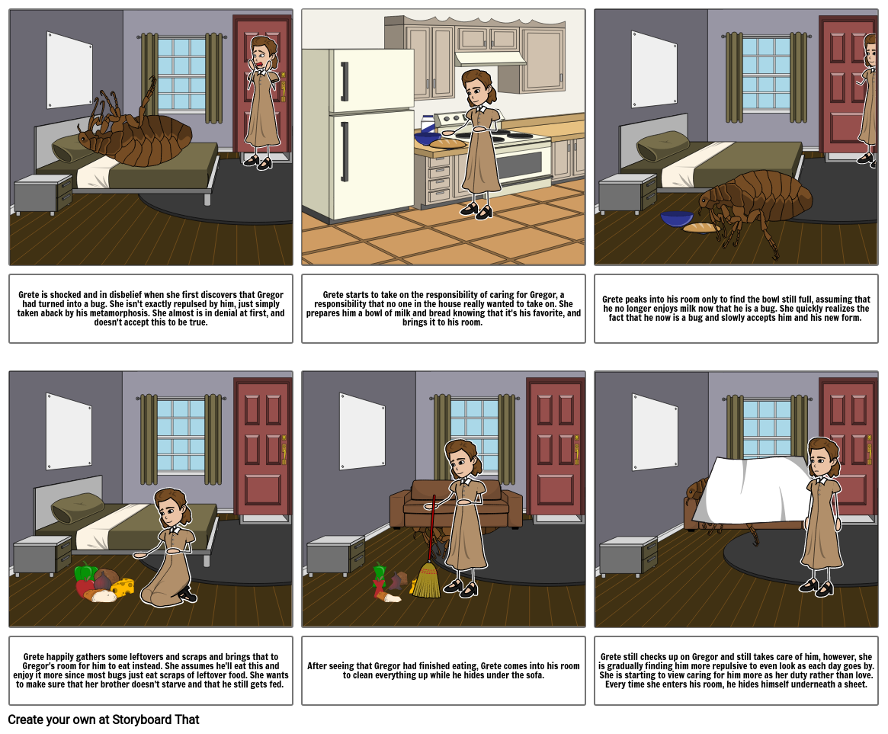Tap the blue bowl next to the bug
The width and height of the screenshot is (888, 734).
click(677, 220)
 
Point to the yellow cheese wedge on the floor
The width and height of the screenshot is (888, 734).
click(123, 587)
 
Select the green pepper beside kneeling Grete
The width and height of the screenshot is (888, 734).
click(85, 573)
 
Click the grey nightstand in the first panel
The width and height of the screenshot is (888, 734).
click(43, 194)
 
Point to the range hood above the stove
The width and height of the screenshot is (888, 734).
click(489, 59)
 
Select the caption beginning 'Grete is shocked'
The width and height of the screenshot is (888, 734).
click(151, 309)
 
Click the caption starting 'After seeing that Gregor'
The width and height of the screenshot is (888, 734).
click(443, 671)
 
